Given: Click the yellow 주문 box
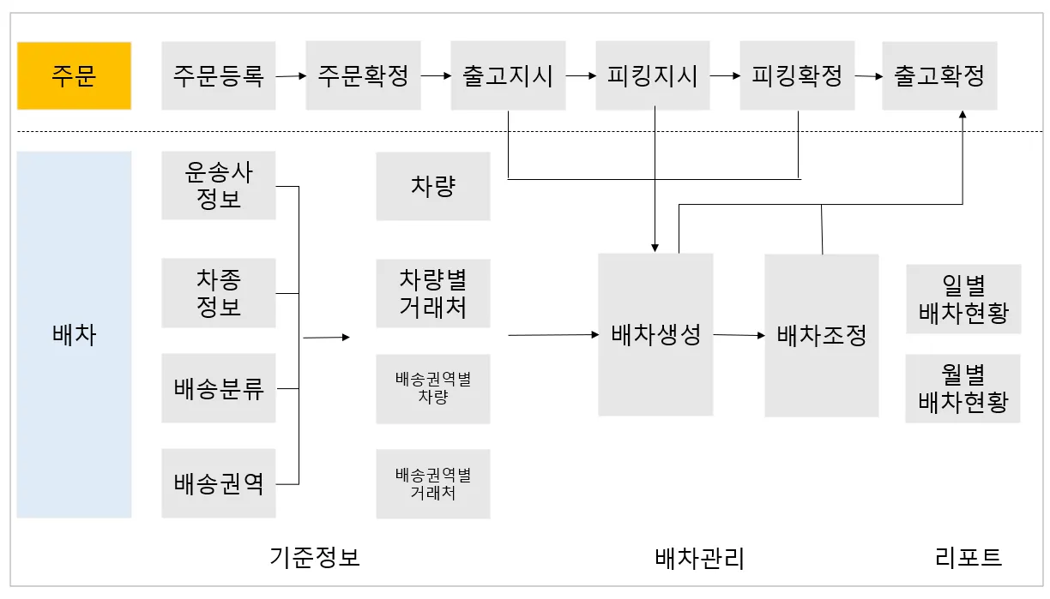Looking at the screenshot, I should coord(74,75).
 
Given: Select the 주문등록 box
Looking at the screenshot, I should coord(218,75).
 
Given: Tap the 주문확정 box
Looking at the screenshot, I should coord(363,75).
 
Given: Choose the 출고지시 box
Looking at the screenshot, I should coord(508,75).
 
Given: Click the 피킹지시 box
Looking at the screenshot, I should coord(653,75).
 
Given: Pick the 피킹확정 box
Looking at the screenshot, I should coord(797,75).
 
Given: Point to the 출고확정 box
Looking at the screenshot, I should coord(939,75).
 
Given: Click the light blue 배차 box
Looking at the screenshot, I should coord(74,334).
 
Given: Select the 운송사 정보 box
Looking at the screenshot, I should coord(219,186).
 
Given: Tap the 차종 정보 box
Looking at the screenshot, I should coord(219,292).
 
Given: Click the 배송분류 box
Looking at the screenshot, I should coord(219,388).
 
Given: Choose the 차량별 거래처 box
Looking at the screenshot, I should coord(432,293).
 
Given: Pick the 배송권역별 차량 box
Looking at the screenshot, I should coord(432,388).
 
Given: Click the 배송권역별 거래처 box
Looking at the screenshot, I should coord(432,483).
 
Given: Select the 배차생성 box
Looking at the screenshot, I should coord(655,335).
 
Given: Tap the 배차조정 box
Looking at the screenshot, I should coord(821,335).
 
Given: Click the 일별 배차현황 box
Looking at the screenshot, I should coord(963,298).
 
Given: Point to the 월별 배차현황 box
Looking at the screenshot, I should coord(962,388).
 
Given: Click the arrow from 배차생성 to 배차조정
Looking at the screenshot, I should coord(739,335).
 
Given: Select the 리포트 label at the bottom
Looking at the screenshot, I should coord(969,558).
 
